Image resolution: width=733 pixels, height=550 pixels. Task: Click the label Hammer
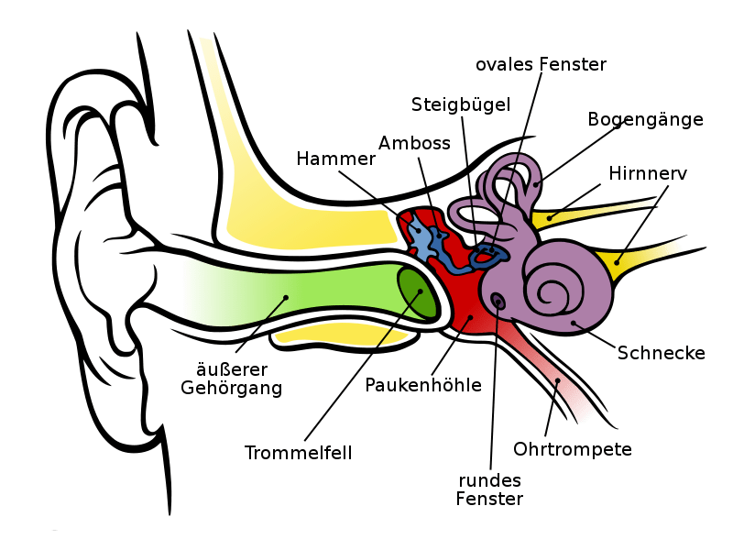[x=336, y=159]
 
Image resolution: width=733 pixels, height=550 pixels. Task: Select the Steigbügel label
[x=460, y=104]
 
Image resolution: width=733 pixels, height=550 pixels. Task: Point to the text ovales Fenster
[x=542, y=64]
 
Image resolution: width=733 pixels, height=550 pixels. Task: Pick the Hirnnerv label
[x=648, y=172]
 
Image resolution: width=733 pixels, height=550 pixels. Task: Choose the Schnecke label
[x=661, y=352]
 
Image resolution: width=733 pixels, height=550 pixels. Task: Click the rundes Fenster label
[x=490, y=489]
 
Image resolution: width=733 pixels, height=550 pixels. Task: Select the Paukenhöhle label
[x=422, y=385]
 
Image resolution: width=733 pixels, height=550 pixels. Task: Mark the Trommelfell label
[x=299, y=452]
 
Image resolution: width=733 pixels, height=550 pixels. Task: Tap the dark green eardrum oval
[x=418, y=291]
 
